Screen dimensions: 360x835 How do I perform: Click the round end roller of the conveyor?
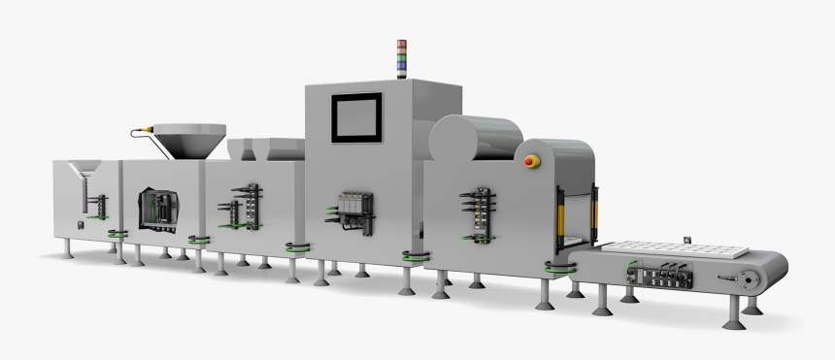(745, 279)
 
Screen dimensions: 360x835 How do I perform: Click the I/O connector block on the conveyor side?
(670, 276)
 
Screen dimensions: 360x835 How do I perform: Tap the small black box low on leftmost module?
(81, 226)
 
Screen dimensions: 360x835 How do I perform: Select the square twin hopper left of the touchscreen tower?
(255, 149)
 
